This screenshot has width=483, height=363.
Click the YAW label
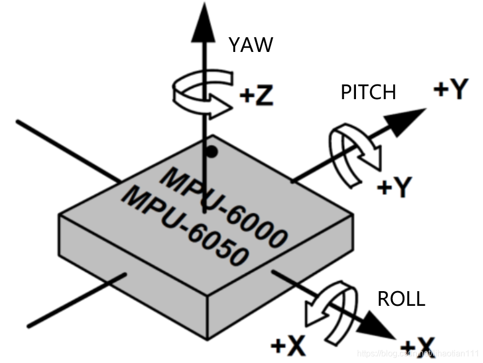point(251,45)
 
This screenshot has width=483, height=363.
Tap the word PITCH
point(368,92)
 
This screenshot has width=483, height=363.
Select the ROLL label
point(401,299)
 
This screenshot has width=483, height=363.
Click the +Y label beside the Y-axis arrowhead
point(450,90)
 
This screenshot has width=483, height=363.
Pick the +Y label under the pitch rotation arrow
point(395,186)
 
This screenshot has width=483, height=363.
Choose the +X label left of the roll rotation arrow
point(288,346)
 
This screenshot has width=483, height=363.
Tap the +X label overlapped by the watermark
point(416,347)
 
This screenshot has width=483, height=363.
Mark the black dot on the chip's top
point(211,152)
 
